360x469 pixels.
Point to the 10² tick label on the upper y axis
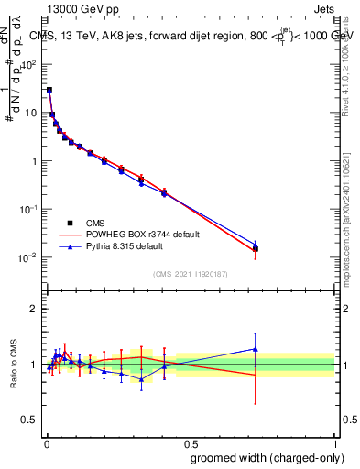pos(29,66)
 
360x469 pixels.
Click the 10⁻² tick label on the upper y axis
pos(27,257)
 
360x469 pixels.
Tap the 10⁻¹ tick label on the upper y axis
pos(27,210)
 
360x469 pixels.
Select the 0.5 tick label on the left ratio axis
pos(29,421)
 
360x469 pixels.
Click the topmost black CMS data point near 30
pos(49,91)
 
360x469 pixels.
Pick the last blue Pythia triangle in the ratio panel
pos(256,348)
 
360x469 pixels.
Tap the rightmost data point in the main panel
pos(256,247)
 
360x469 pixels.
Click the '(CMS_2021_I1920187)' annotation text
pos(191,274)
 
